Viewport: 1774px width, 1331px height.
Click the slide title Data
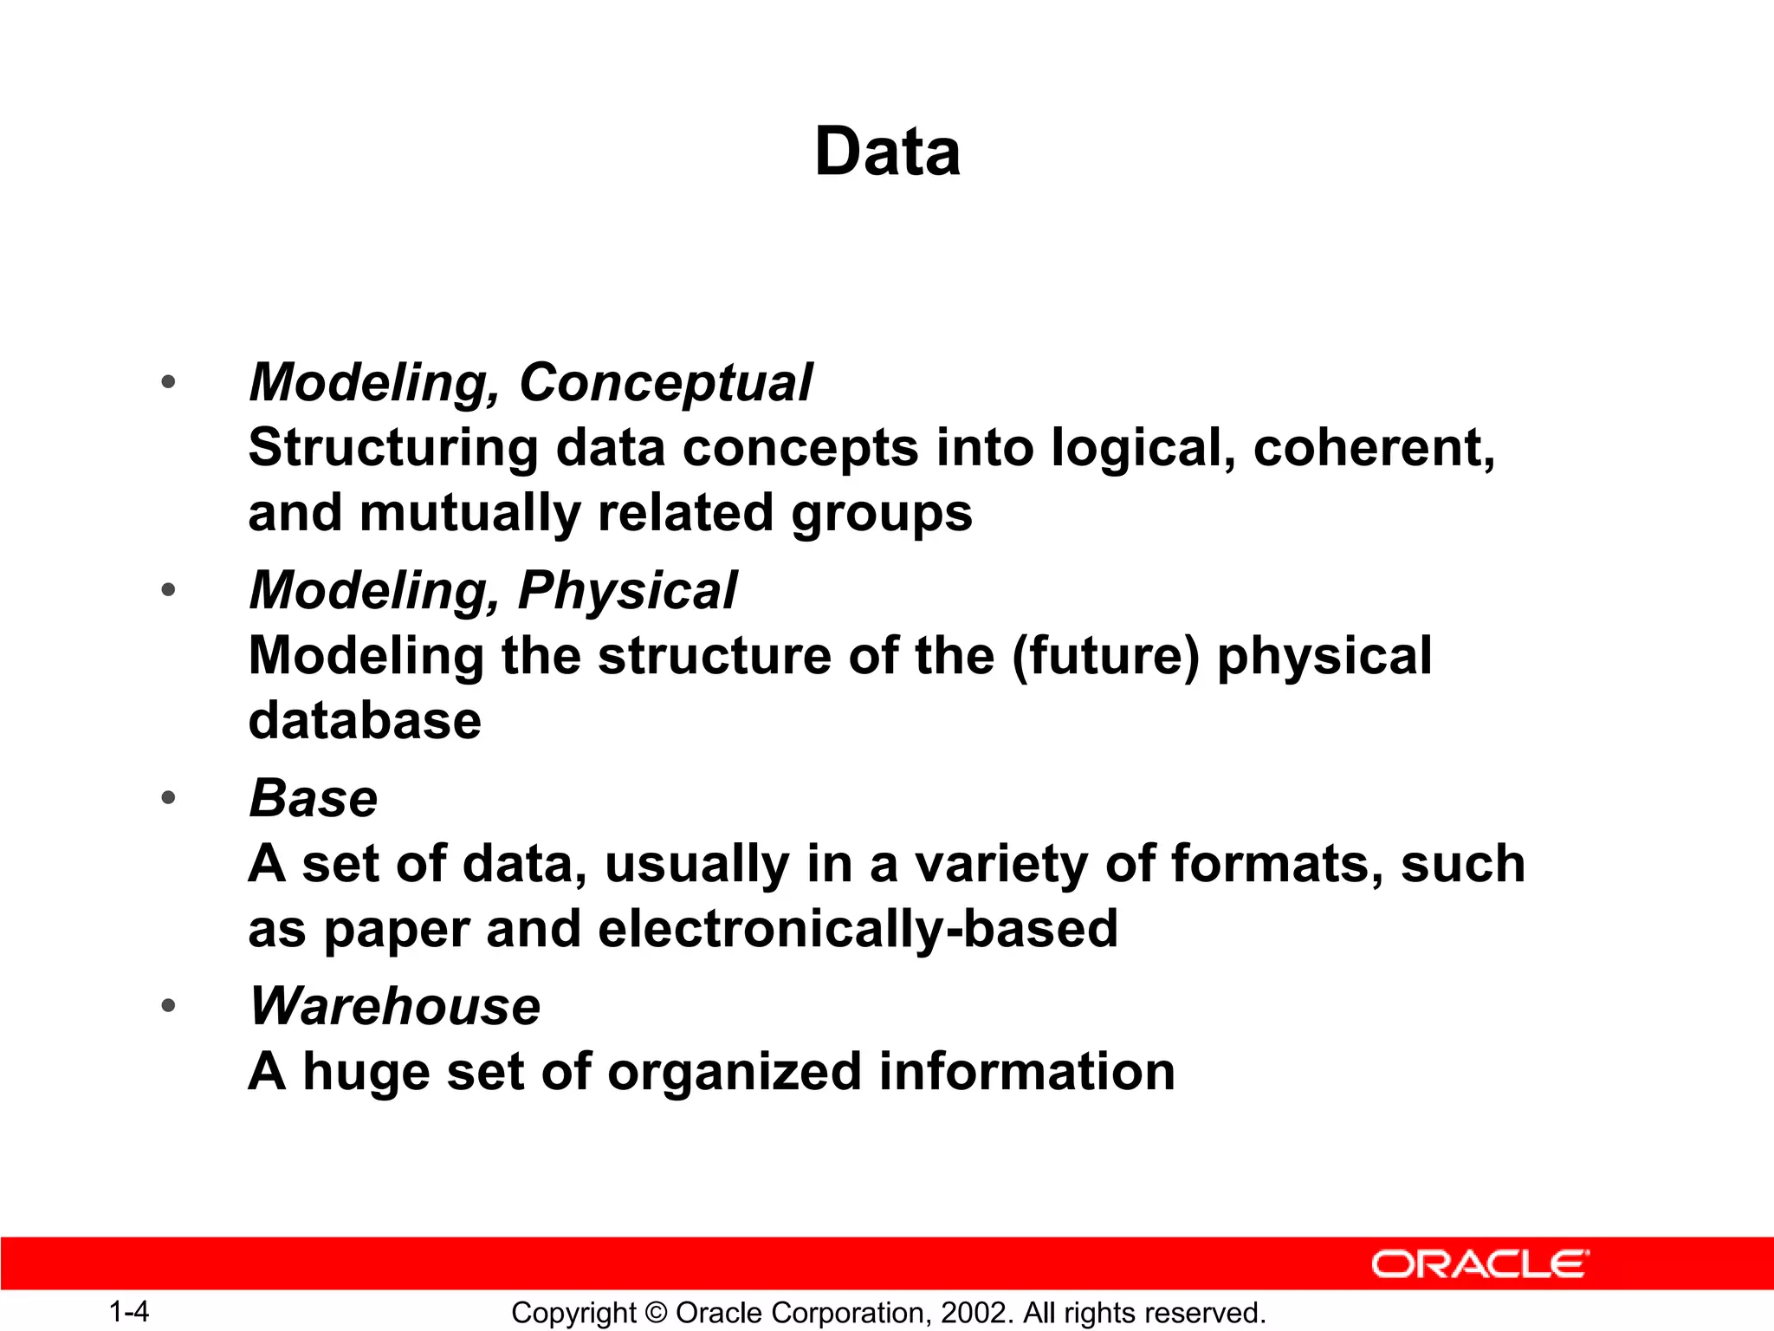point(887,153)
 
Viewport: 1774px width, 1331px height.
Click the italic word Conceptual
point(665,383)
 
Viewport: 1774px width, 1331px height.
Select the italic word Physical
point(627,591)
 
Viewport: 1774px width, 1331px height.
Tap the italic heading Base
point(314,798)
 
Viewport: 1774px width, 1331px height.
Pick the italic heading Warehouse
point(395,1006)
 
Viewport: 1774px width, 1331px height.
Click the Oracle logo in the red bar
point(1480,1264)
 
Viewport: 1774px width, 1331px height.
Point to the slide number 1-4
point(129,1312)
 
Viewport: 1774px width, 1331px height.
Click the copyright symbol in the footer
point(656,1313)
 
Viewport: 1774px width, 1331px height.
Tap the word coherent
point(1373,449)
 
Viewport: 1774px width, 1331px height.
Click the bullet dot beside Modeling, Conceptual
point(168,382)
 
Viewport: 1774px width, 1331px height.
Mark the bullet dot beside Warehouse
point(168,1006)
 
